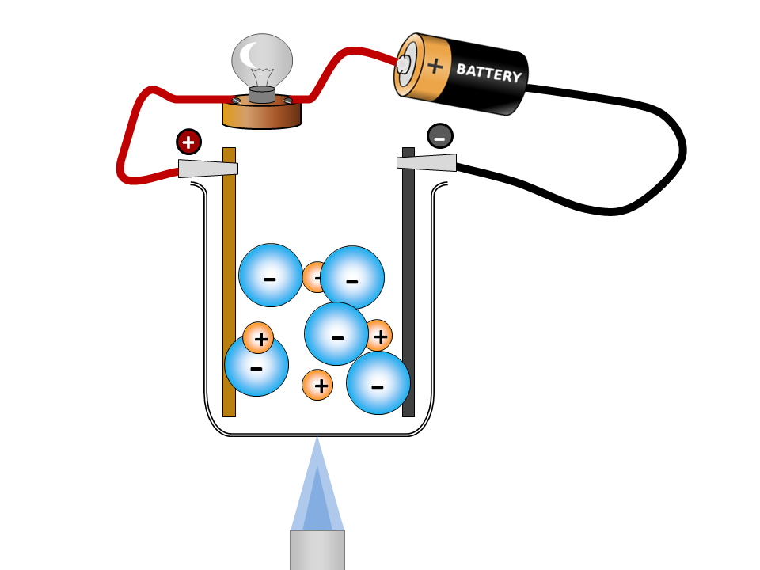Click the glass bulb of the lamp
click(262, 60)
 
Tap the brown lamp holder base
click(261, 115)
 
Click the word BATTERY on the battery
click(488, 74)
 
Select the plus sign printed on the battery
click(435, 65)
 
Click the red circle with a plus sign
click(188, 142)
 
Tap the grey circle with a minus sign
click(440, 136)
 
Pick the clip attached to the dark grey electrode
click(427, 163)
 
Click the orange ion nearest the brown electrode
click(258, 338)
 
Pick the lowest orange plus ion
click(317, 386)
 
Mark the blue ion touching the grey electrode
click(378, 383)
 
